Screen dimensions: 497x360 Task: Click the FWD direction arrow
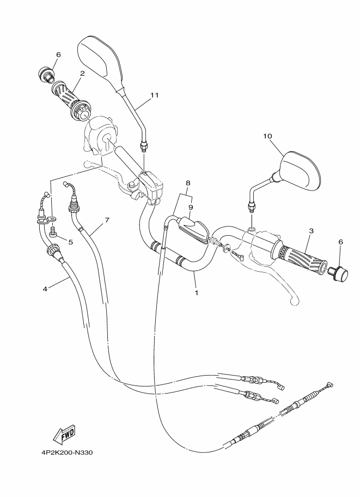64,434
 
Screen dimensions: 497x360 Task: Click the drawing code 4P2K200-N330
65,451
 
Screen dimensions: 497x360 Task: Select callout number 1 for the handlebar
196,292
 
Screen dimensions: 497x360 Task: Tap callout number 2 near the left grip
82,72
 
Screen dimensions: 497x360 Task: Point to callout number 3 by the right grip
311,231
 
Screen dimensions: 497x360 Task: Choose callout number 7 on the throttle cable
107,220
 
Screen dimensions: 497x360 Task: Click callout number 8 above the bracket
188,183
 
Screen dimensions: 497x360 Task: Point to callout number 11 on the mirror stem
154,95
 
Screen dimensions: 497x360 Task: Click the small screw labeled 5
53,232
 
